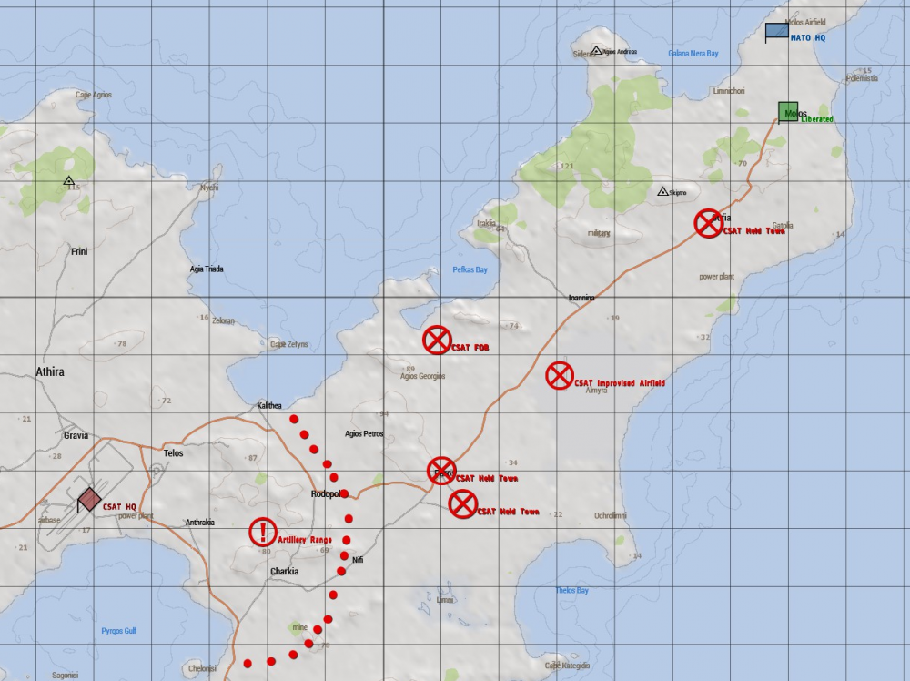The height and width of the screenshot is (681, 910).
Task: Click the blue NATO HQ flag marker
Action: click(776, 32)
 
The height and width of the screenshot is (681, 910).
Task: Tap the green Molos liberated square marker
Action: click(788, 112)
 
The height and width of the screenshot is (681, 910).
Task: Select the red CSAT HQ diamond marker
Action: click(89, 499)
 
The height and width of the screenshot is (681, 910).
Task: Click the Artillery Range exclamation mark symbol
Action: click(263, 532)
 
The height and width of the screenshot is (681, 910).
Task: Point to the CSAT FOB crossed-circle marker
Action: click(437, 340)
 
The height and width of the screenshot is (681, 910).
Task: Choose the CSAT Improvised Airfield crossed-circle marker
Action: click(559, 375)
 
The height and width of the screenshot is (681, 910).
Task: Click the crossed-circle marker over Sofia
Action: click(708, 223)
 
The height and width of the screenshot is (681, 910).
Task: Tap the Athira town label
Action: click(50, 372)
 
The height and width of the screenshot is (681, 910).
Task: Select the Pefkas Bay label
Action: click(470, 270)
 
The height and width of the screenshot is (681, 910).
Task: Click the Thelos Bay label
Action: click(571, 591)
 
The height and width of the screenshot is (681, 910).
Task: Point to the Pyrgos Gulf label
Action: click(118, 630)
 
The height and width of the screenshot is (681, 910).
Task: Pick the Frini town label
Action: click(79, 251)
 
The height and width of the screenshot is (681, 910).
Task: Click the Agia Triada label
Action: click(206, 269)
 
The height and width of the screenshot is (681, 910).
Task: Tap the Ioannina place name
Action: click(581, 298)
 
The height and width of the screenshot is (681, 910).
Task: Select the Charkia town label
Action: click(285, 572)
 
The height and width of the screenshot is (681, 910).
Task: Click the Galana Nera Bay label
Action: click(693, 54)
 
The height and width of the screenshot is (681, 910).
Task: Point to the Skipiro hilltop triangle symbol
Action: click(662, 191)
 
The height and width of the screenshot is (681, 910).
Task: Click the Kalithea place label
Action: click(269, 405)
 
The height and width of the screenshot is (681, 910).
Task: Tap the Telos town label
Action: click(173, 453)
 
